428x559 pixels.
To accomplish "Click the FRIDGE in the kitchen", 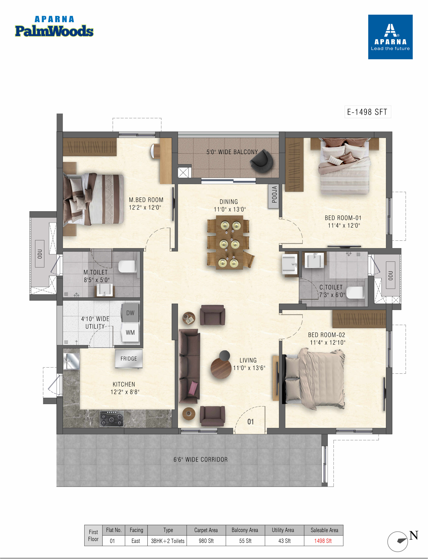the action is tap(129, 359).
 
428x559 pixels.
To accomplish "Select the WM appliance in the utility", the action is tap(130, 332).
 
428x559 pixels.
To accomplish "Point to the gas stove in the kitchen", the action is tap(112, 418).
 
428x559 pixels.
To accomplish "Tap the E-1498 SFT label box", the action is tap(368, 112).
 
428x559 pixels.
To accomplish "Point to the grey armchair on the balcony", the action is tap(262, 161).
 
